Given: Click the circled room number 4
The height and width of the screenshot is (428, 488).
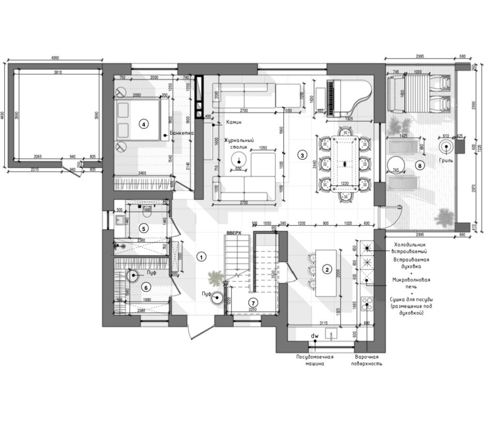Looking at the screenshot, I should (143, 124).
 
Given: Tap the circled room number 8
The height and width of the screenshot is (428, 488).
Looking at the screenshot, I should (420, 166).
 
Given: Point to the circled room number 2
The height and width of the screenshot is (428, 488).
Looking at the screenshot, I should (327, 269).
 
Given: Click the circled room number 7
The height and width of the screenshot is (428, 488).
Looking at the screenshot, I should (253, 302).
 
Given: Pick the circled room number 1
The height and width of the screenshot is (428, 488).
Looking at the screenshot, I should (202, 256).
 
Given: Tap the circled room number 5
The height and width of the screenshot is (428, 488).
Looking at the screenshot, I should (144, 228).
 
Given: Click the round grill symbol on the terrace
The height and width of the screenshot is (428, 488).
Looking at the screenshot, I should (446, 146).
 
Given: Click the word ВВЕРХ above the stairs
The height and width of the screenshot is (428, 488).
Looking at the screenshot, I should (234, 233).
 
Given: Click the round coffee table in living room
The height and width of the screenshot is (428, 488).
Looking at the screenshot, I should (239, 158).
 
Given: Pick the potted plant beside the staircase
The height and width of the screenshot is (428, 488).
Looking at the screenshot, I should (215, 278).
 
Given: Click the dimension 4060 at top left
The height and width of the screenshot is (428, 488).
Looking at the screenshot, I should (58, 58).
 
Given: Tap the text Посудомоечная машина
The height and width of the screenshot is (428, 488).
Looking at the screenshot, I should (314, 360).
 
